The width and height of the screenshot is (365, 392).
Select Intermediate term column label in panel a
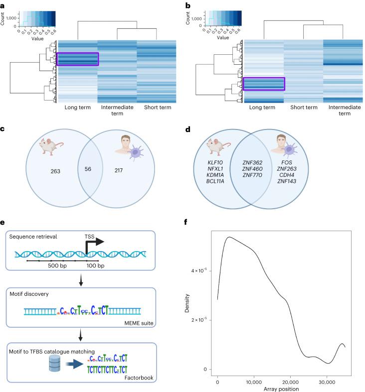point(117,110)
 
